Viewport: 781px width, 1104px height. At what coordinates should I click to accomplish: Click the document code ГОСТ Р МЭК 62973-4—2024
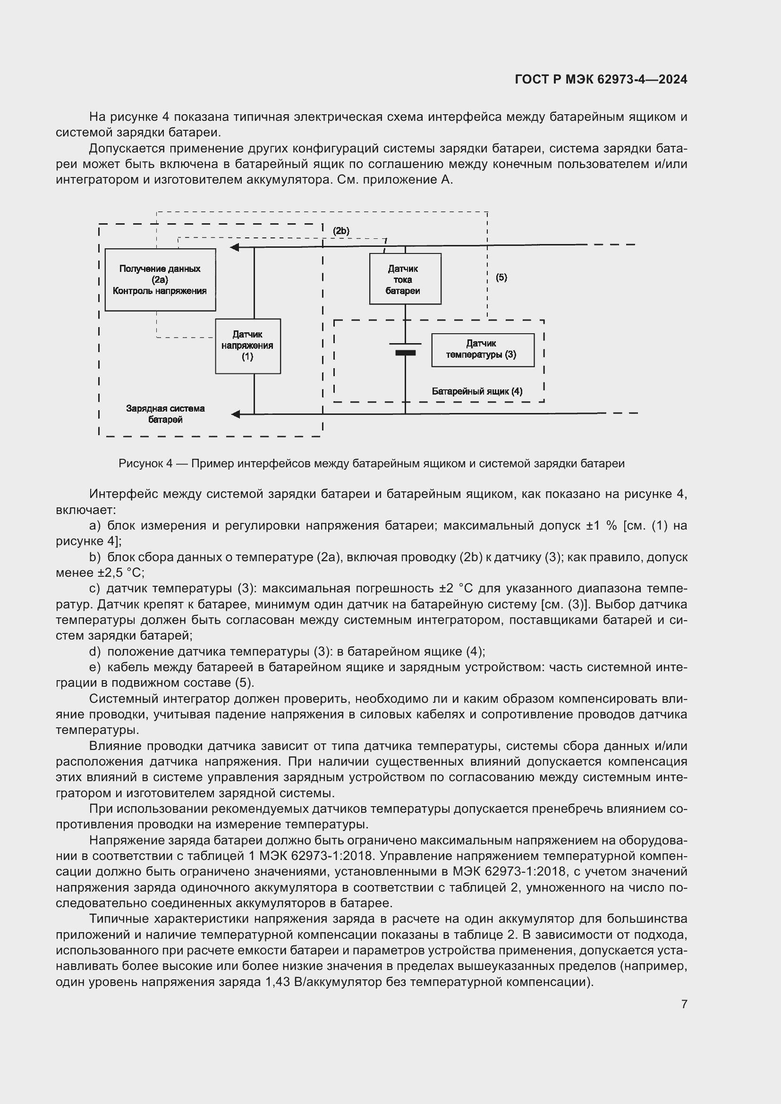pos(601,80)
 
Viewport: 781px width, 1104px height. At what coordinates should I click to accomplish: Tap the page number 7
pos(684,1004)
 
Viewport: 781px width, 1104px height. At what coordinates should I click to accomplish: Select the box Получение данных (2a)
pos(160,279)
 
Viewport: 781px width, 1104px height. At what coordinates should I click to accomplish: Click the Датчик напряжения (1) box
pos(248,346)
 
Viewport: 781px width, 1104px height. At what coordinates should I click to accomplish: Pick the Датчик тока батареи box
pos(405,279)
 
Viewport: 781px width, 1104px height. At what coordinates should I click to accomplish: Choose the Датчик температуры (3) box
pos(483,350)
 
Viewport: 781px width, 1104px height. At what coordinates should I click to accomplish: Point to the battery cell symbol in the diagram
pos(405,349)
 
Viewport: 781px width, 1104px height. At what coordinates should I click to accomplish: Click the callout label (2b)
pos(341,231)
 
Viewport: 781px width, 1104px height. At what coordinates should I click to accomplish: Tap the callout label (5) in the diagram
pos(501,278)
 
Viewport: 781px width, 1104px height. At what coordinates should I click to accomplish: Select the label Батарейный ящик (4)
pos(476,391)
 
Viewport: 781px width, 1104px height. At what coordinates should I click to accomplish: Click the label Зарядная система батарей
pos(165,413)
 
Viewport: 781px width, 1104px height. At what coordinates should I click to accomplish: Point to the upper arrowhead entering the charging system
pos(235,247)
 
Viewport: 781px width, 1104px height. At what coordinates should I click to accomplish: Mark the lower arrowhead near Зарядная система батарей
pos(236,414)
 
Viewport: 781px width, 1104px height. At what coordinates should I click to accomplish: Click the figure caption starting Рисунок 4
pos(371,464)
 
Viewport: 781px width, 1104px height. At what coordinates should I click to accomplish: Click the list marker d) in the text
pos(95,651)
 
